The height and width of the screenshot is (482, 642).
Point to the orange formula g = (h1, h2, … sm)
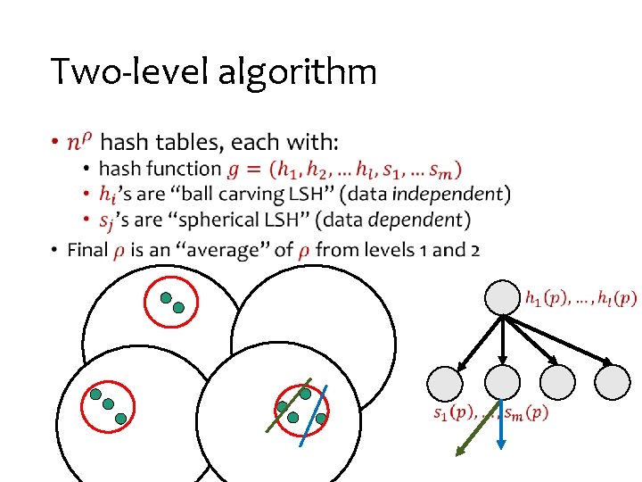click(344, 170)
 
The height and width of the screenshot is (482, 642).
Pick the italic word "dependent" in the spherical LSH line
click(418, 220)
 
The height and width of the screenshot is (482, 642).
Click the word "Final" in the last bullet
click(87, 250)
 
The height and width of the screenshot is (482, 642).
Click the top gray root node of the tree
click(503, 298)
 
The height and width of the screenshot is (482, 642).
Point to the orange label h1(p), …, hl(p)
click(580, 297)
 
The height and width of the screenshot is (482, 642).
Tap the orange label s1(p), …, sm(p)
click(490, 412)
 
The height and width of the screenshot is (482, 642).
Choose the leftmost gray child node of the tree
click(445, 382)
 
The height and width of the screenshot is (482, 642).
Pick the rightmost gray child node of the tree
click(612, 382)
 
